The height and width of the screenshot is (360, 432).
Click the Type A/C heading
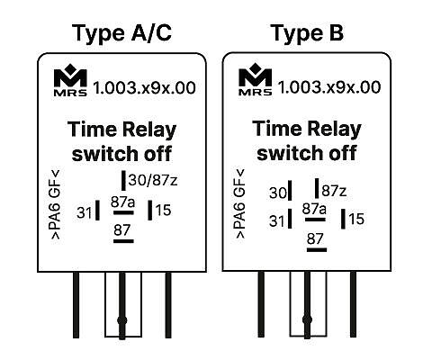click(x=121, y=33)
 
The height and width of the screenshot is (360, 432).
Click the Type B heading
click(x=307, y=32)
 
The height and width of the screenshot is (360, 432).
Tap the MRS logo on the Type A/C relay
click(x=70, y=80)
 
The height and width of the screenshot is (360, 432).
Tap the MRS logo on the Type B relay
click(x=256, y=79)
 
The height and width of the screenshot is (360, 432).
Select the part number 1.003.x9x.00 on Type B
click(x=329, y=87)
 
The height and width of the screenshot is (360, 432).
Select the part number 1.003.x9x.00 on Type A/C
click(x=144, y=88)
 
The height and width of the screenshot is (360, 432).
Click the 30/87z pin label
click(x=153, y=180)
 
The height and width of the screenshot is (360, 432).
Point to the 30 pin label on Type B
click(x=278, y=193)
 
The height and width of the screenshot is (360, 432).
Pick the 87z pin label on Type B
click(x=334, y=191)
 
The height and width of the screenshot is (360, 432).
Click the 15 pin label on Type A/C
click(x=163, y=210)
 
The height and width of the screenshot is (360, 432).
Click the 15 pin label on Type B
click(x=356, y=219)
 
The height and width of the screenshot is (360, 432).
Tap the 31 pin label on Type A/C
click(x=85, y=212)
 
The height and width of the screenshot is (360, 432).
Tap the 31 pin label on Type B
click(x=276, y=221)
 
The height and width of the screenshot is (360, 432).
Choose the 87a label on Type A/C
click(x=123, y=202)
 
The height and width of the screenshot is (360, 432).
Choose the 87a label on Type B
click(x=314, y=209)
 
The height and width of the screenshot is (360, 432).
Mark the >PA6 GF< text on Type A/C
click(x=56, y=204)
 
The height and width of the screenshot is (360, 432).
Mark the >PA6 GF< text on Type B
click(x=240, y=204)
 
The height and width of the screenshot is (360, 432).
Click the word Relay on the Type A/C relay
click(x=149, y=130)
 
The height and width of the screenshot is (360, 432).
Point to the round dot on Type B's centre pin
click(x=307, y=319)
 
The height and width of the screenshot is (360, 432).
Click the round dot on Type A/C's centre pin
click(x=121, y=320)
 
